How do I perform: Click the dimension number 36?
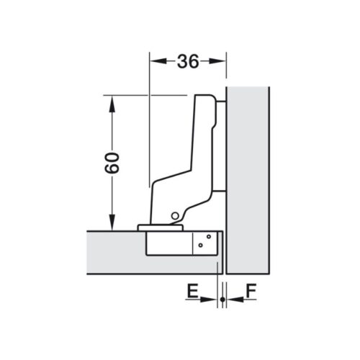(187, 62)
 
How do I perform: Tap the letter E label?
(192, 292)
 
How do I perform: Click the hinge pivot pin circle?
(174, 216)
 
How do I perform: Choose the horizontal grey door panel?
(115, 252)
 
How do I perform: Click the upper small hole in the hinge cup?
(208, 236)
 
